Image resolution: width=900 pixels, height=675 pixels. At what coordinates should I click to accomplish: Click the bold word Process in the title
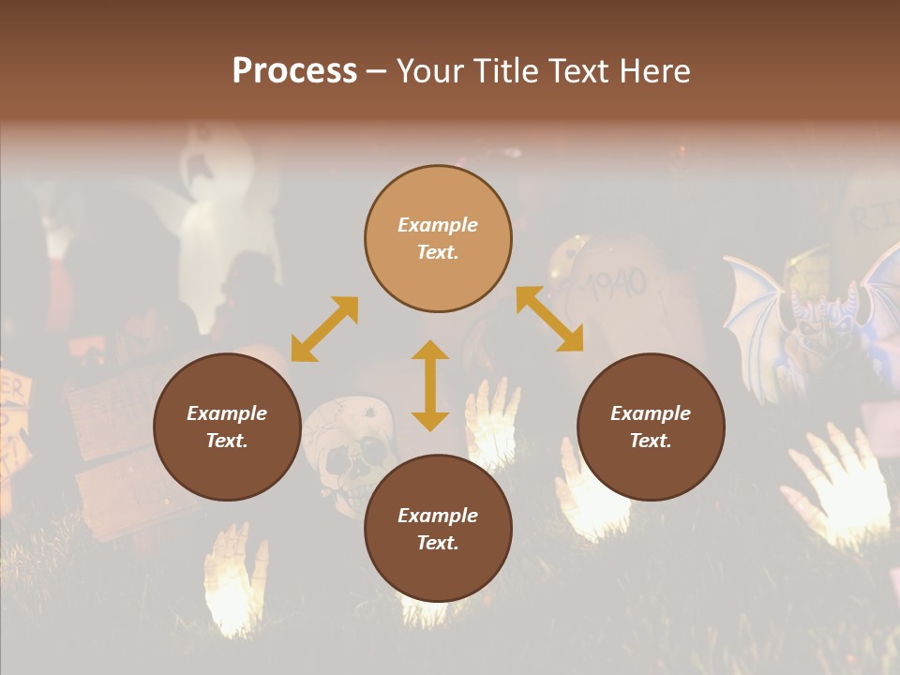294,71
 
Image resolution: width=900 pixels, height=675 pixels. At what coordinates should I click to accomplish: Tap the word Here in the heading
655,71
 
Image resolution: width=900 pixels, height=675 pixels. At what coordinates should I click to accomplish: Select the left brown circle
227,427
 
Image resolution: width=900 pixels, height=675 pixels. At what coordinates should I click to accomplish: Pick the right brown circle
651,427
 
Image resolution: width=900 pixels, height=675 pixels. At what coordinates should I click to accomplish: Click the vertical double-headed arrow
430,385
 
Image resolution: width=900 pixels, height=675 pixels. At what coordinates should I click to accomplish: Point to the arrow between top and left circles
324,329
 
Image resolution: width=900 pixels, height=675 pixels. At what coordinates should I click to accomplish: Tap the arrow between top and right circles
549,319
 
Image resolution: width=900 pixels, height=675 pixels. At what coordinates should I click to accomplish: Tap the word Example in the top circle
438,225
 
